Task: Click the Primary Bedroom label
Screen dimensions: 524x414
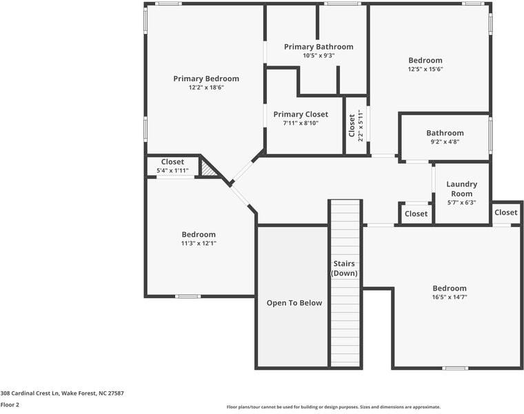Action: (x=206, y=79)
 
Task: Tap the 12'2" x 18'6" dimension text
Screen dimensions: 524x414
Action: (x=206, y=88)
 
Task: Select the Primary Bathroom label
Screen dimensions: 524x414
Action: (x=319, y=47)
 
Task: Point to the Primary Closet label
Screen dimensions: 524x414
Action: (x=301, y=115)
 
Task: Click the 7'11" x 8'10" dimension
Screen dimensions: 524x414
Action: (x=301, y=123)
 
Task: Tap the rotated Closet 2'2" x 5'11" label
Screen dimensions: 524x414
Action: (x=356, y=126)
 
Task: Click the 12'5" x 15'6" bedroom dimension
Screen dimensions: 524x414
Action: (x=425, y=69)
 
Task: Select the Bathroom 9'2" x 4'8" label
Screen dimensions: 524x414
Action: (x=445, y=137)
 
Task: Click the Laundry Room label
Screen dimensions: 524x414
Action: (x=462, y=189)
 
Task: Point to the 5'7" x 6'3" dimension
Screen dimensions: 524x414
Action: (x=462, y=202)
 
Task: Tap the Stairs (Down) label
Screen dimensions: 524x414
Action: (x=344, y=268)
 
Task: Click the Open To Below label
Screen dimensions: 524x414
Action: (x=294, y=303)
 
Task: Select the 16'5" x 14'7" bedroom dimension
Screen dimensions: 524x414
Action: (x=450, y=297)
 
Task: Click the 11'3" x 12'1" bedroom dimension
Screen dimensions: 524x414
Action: (x=199, y=243)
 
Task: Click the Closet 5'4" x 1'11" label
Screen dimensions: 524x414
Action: (x=172, y=166)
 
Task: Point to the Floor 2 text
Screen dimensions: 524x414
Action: (x=10, y=404)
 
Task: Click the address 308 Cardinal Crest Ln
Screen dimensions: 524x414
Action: (x=30, y=393)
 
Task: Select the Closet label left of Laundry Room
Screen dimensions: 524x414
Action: (x=416, y=214)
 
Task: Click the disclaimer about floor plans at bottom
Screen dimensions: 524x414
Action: (x=334, y=407)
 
